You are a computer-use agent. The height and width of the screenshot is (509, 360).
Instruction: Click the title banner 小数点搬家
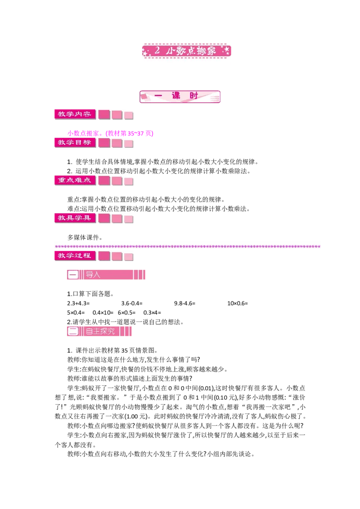(186, 51)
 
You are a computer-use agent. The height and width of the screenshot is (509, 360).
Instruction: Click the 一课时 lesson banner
(180, 96)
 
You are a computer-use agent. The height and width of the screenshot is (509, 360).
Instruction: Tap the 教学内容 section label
(75, 114)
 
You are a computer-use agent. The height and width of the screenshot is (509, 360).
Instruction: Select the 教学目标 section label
(75, 143)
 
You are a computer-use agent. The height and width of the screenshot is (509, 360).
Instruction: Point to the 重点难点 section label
(75, 180)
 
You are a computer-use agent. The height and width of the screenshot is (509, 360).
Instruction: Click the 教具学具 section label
(75, 218)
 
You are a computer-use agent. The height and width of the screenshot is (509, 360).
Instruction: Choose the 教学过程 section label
(75, 255)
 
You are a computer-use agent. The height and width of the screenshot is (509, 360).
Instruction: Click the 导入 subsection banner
(106, 275)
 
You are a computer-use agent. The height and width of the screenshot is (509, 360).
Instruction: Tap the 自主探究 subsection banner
(99, 331)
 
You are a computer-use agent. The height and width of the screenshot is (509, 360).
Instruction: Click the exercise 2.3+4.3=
(78, 303)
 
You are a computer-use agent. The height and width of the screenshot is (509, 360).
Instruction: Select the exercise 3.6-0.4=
(132, 303)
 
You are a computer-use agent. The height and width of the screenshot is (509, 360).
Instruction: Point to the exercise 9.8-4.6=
(184, 303)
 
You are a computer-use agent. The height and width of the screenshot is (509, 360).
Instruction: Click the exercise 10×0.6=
(238, 303)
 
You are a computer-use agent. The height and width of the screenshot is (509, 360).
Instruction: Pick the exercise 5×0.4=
(76, 313)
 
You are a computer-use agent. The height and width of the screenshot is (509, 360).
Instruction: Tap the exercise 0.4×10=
(103, 313)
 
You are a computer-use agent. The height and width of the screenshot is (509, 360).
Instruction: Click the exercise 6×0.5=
(127, 313)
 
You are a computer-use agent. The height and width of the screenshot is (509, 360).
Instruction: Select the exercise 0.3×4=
(152, 313)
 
